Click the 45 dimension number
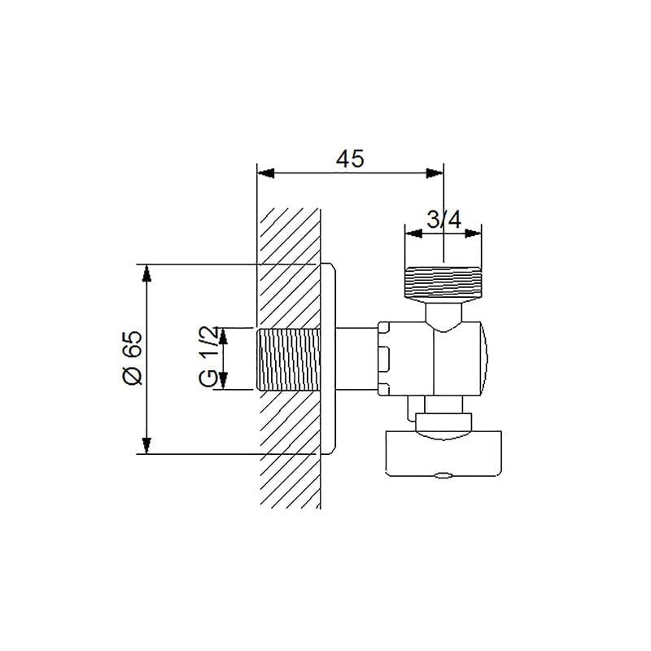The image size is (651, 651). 350,159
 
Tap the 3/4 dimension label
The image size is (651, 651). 443,220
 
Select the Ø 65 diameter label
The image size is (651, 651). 133,357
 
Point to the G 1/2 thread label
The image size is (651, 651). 208,356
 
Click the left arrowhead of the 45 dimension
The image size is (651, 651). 266,173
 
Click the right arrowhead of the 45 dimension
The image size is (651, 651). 435,173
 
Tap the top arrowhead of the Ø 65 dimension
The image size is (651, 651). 146,273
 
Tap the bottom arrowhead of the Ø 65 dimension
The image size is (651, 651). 146,445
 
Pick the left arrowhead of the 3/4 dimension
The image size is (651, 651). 413,234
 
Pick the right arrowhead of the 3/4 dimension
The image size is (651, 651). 474,234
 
